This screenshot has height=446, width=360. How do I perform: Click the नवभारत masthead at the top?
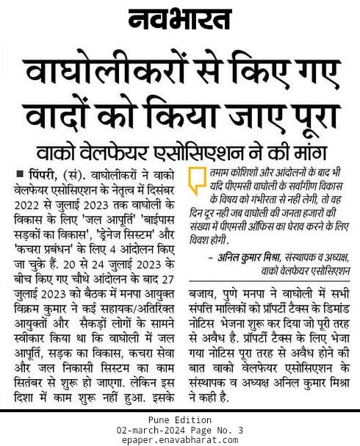pos(181,21)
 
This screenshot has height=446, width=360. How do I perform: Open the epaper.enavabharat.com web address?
pos(179,439)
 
